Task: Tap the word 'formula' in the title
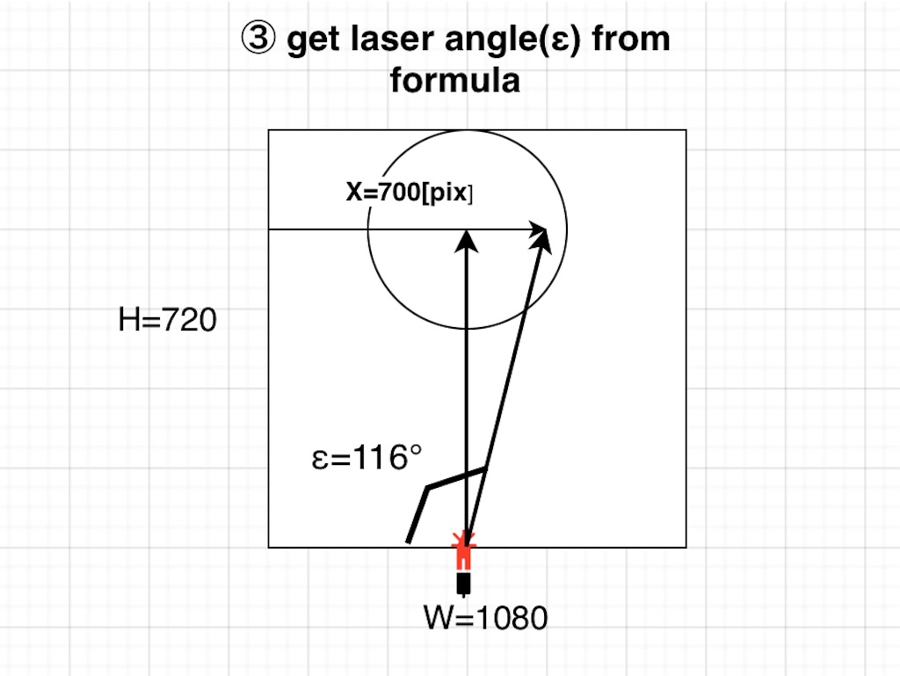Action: [454, 81]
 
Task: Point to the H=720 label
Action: [167, 321]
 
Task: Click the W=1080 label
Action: [486, 618]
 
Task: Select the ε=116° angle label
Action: [367, 459]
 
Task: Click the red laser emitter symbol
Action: [463, 551]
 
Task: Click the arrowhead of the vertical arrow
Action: [467, 238]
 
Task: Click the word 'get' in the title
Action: [307, 41]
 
